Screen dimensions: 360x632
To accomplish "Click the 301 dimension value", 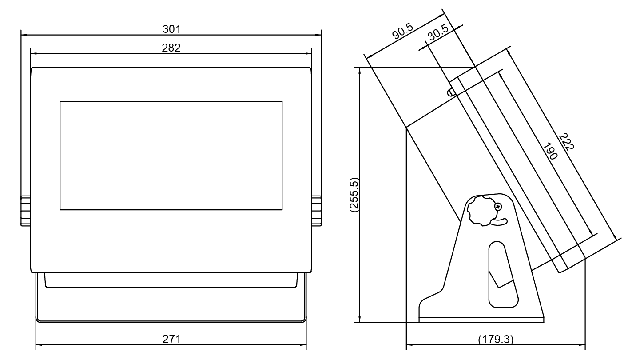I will point(171,29).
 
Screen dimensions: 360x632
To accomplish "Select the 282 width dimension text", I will point(171,48).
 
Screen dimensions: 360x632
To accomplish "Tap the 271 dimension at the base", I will point(171,339).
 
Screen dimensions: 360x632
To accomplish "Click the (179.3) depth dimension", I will point(495,339).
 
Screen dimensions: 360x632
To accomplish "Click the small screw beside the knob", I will point(498,207).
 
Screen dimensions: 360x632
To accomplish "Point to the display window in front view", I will point(171,156).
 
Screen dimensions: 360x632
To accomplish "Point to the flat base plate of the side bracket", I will point(481,319).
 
